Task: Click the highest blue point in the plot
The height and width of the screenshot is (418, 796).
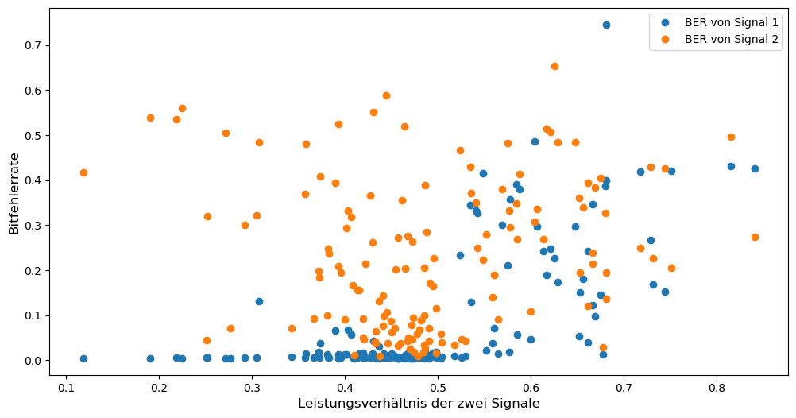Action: pyautogui.click(x=606, y=25)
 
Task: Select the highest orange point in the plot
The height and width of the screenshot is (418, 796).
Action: pyautogui.click(x=554, y=66)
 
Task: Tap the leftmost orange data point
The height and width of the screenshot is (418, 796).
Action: pyautogui.click(x=83, y=172)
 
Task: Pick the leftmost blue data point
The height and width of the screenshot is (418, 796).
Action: pyautogui.click(x=83, y=358)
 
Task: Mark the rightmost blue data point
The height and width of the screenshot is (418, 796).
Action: pyautogui.click(x=755, y=168)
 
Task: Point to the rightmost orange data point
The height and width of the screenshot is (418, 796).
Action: pyautogui.click(x=755, y=237)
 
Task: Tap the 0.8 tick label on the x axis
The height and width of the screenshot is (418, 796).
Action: pyautogui.click(x=717, y=388)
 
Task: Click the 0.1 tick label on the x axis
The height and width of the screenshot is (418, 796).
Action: pyautogui.click(x=66, y=388)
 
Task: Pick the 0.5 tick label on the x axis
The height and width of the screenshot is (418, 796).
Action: pyautogui.click(x=438, y=388)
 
